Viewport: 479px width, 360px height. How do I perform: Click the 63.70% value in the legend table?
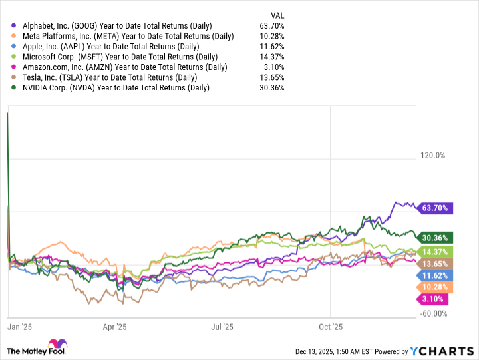click(x=273, y=25)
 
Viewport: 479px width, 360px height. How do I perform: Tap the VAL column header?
click(x=276, y=13)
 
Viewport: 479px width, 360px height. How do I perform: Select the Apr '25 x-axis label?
click(x=114, y=327)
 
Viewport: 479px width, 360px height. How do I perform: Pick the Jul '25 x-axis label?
click(x=222, y=327)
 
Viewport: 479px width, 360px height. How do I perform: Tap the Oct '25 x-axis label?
click(x=331, y=327)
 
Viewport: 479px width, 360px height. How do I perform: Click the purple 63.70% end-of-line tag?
click(x=435, y=208)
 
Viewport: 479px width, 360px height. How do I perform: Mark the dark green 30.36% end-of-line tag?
click(x=435, y=238)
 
